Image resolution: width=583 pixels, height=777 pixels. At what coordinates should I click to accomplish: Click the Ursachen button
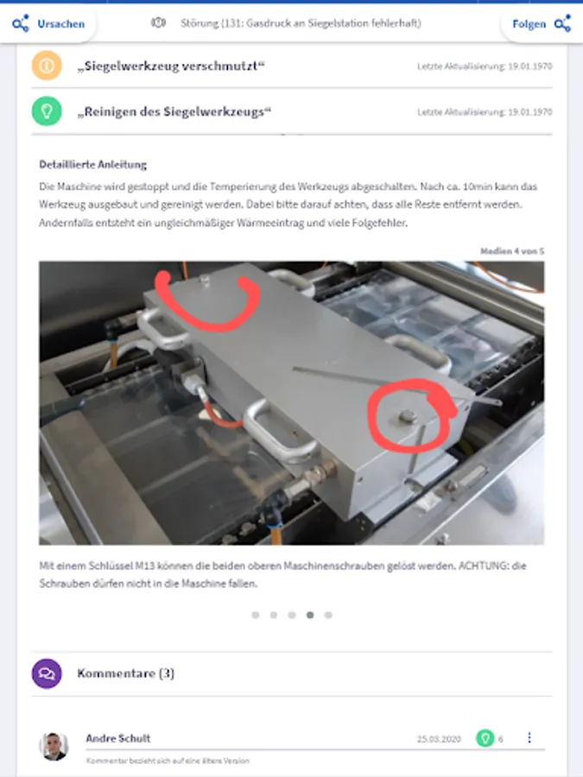pyautogui.click(x=48, y=24)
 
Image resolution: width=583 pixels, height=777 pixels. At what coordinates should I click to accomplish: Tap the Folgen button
pyautogui.click(x=542, y=24)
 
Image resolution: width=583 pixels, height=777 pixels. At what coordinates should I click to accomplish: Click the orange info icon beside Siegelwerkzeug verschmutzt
pyautogui.click(x=47, y=66)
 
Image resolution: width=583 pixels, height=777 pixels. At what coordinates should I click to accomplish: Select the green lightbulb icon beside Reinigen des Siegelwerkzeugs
pyautogui.click(x=47, y=111)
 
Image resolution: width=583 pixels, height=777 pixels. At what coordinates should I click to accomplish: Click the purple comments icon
pyautogui.click(x=47, y=673)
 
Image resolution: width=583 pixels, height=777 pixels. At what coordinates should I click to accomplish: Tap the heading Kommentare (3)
pyautogui.click(x=126, y=673)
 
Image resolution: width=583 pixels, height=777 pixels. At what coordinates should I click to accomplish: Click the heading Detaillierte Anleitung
pyautogui.click(x=92, y=165)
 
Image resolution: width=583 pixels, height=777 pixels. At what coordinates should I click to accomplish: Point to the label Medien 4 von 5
pyautogui.click(x=512, y=251)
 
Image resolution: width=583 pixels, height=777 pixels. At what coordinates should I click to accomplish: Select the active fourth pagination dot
pyautogui.click(x=310, y=615)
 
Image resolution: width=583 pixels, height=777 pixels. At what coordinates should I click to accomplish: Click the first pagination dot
pyautogui.click(x=256, y=615)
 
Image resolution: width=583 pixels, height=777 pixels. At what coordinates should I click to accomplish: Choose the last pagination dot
pyautogui.click(x=328, y=615)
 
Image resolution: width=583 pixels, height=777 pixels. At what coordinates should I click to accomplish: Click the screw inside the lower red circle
pyautogui.click(x=407, y=416)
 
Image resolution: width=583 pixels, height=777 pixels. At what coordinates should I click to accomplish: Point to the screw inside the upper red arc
pyautogui.click(x=204, y=281)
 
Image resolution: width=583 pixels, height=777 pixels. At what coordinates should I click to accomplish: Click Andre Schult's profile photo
pyautogui.click(x=54, y=746)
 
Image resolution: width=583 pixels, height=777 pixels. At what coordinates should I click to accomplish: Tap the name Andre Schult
pyautogui.click(x=118, y=738)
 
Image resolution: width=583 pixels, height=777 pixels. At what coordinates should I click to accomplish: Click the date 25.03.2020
pyautogui.click(x=439, y=739)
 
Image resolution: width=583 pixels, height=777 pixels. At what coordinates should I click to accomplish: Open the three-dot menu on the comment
pyautogui.click(x=529, y=738)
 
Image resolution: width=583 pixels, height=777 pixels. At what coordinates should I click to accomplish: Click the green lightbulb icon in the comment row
pyautogui.click(x=485, y=738)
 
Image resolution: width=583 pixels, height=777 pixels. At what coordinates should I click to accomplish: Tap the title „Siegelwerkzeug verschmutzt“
pyautogui.click(x=171, y=66)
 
